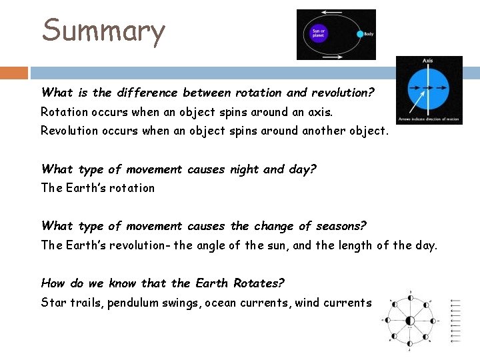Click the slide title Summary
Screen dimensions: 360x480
(103, 31)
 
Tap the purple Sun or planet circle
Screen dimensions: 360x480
(319, 33)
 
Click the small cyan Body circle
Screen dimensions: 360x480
(359, 33)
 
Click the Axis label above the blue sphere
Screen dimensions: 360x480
(428, 61)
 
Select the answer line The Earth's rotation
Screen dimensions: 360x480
(97, 188)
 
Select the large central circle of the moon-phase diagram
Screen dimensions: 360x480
(409, 321)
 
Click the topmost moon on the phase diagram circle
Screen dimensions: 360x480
(410, 297)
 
